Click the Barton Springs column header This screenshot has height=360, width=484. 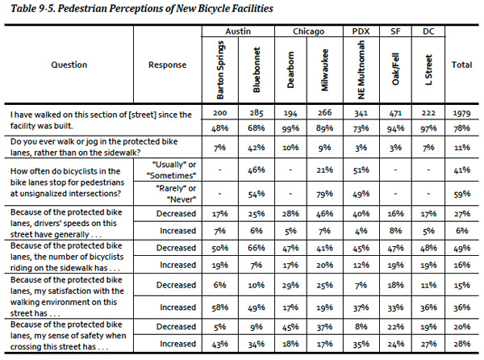(x=220, y=70)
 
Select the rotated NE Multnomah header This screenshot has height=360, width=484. (x=361, y=70)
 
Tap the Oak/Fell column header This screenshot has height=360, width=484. (x=395, y=69)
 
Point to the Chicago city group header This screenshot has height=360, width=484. (x=308, y=31)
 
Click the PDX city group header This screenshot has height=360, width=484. (x=361, y=31)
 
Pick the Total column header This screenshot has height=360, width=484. (x=461, y=65)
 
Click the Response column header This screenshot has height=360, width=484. (x=167, y=65)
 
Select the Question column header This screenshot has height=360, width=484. (x=69, y=65)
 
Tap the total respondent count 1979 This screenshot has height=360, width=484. (x=461, y=113)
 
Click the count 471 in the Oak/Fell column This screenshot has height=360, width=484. (x=395, y=113)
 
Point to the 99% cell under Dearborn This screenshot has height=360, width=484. (x=290, y=128)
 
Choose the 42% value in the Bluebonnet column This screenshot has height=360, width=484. (x=257, y=148)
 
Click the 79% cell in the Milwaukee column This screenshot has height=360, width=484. (x=325, y=194)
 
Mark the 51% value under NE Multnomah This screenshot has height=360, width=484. (x=361, y=170)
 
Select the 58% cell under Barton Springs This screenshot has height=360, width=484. (x=219, y=308)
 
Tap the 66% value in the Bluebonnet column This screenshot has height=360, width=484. (x=257, y=248)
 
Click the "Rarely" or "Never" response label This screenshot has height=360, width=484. (x=176, y=194)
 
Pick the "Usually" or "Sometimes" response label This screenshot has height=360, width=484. (x=171, y=170)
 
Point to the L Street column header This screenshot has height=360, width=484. (x=428, y=70)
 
